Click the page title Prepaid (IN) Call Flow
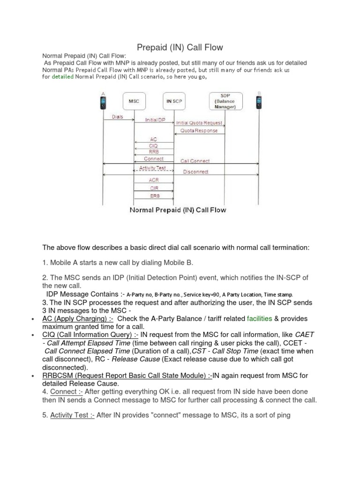tap(180, 47)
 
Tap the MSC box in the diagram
tap(134, 101)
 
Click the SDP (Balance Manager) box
tap(225, 101)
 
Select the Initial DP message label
tap(155, 120)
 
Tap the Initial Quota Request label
tap(199, 123)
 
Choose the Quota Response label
tap(199, 131)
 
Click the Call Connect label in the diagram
tap(195, 161)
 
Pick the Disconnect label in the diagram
tap(195, 172)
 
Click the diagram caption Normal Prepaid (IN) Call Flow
tap(178, 210)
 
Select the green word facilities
tap(259, 319)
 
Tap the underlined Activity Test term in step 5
tap(72, 415)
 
